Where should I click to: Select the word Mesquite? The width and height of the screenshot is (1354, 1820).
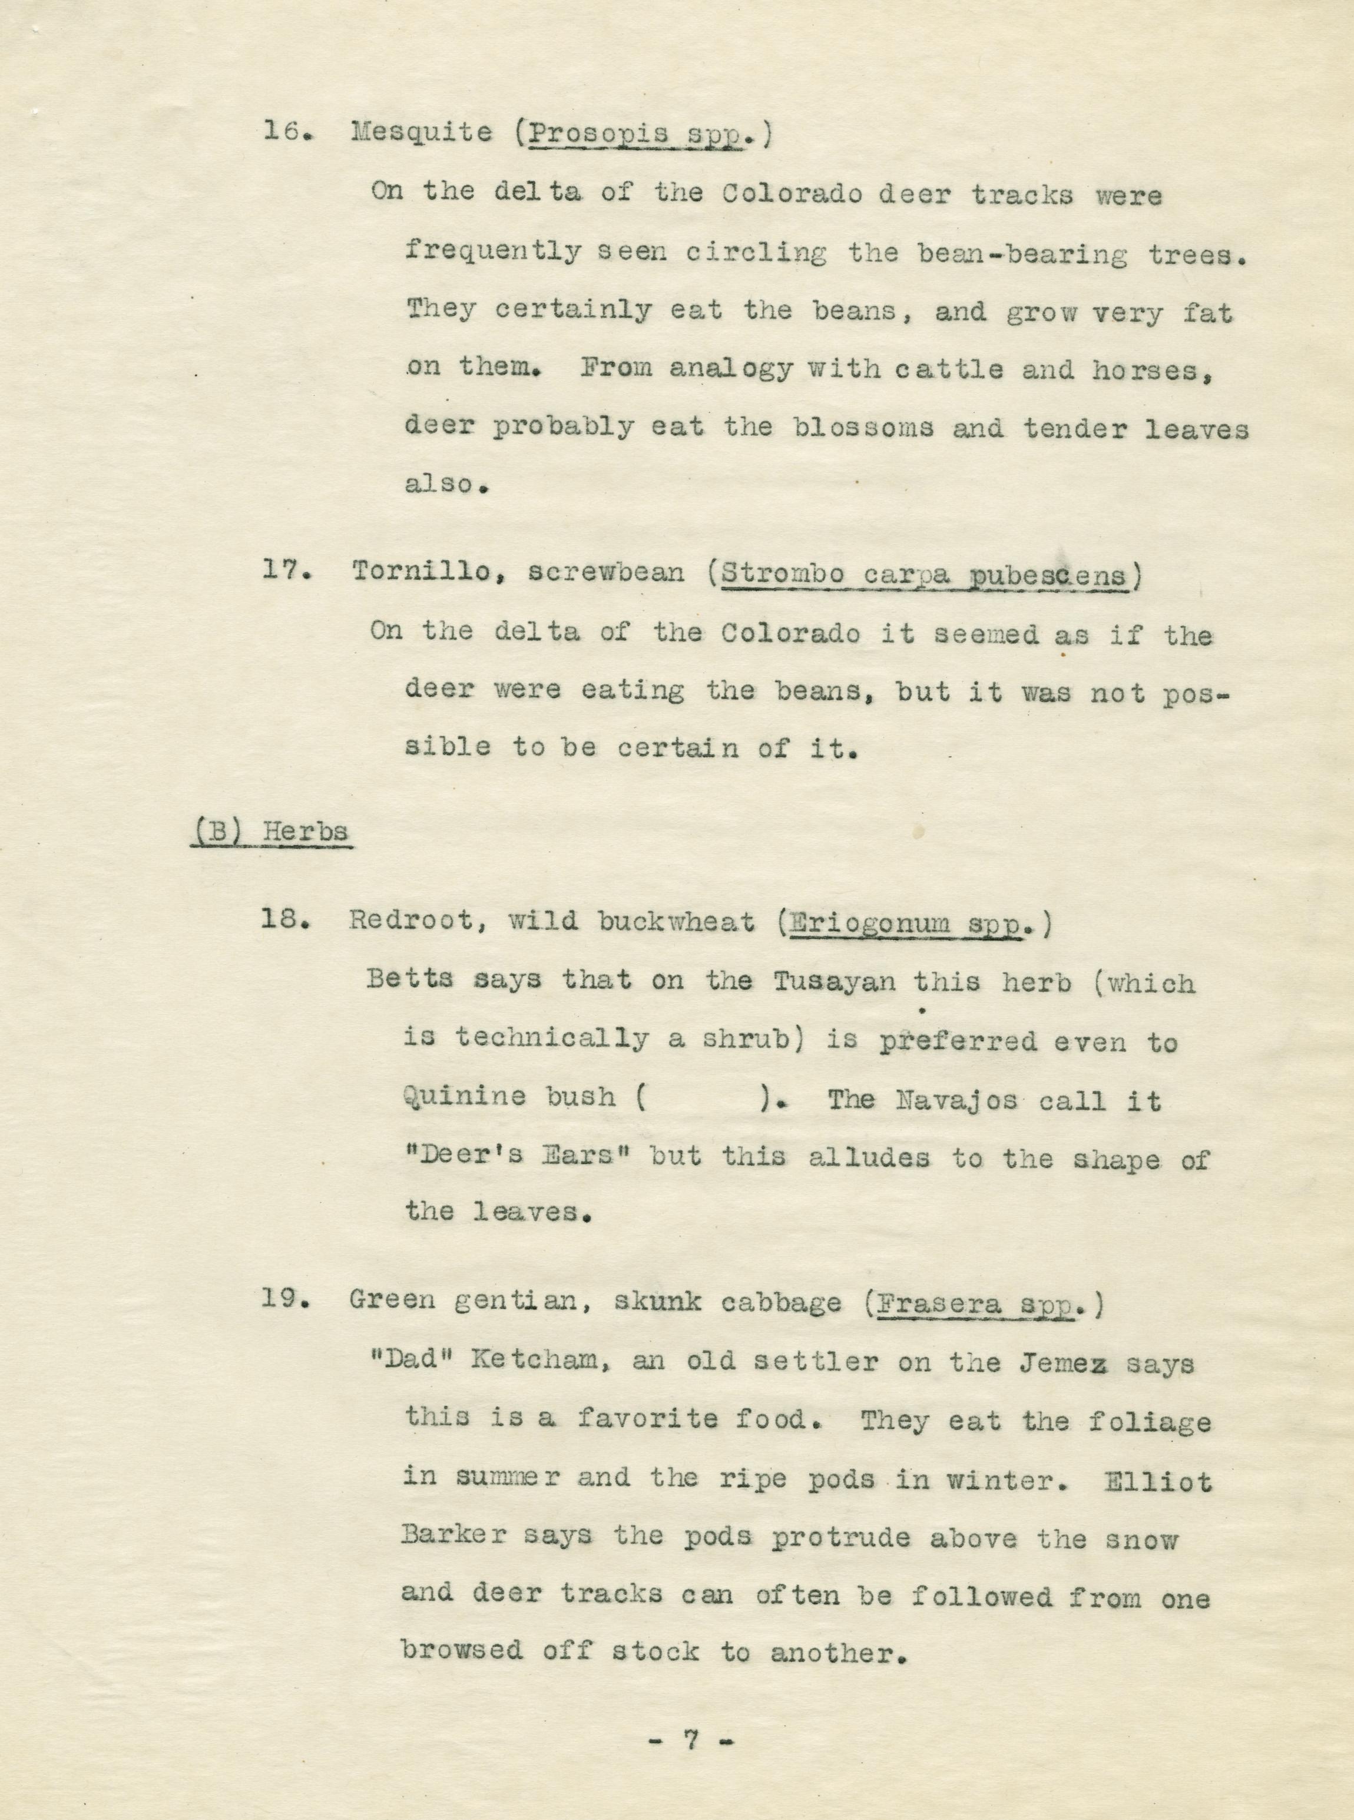(421, 133)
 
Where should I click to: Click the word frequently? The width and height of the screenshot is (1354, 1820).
(492, 253)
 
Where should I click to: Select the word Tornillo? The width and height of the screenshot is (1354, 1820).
(421, 571)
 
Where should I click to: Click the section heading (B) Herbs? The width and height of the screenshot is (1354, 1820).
(272, 832)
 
